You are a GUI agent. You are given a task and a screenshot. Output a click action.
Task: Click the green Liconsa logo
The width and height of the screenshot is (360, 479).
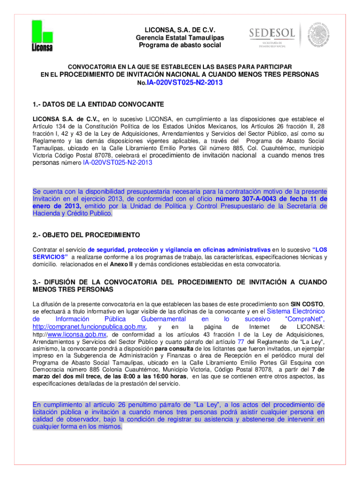pos(42,36)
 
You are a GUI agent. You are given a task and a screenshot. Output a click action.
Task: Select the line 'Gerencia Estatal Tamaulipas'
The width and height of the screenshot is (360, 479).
pos(180,37)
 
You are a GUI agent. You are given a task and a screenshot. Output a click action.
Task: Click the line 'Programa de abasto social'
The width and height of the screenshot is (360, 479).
pos(180,45)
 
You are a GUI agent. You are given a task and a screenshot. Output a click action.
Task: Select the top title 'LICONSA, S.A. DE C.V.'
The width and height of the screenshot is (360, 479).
pos(180,29)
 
